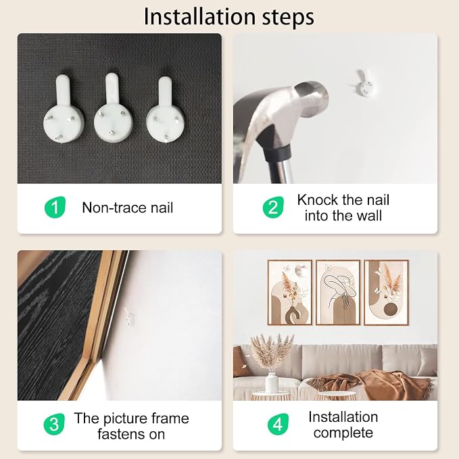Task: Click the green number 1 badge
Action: click(x=55, y=208)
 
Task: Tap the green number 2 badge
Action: click(x=273, y=208)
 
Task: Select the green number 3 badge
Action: click(x=54, y=424)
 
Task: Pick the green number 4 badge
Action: click(x=278, y=424)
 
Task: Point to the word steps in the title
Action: click(x=288, y=18)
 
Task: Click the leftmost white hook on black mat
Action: click(x=64, y=110)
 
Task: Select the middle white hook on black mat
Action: click(x=114, y=107)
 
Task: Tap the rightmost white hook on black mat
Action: click(x=165, y=110)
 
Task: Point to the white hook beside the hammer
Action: click(x=364, y=83)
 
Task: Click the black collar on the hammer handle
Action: click(x=276, y=154)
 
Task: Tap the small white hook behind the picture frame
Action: click(x=129, y=317)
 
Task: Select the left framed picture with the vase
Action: click(x=289, y=293)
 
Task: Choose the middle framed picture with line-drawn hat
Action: click(x=338, y=293)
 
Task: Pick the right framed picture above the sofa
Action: click(x=386, y=293)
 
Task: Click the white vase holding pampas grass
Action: click(x=272, y=383)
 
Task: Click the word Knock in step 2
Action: click(x=318, y=200)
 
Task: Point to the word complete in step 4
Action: click(x=343, y=433)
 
